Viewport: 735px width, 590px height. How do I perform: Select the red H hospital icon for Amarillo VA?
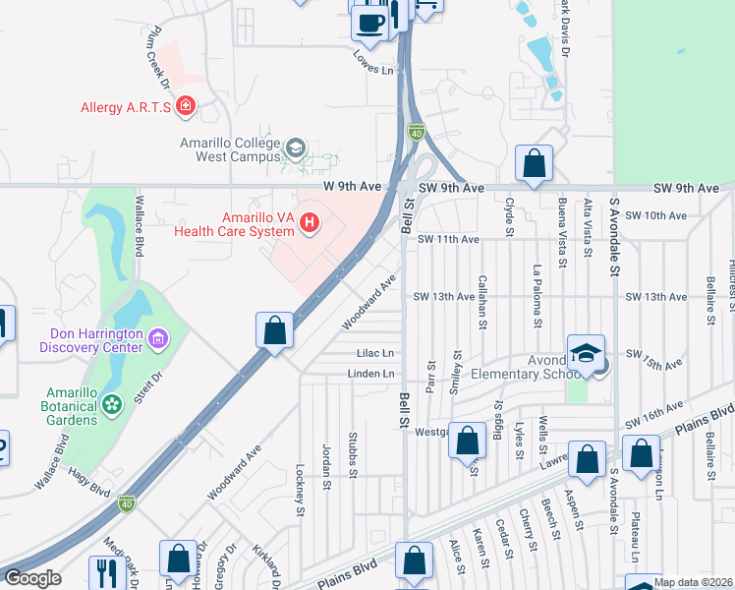click(310, 223)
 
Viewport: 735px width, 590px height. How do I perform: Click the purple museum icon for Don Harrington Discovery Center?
click(157, 339)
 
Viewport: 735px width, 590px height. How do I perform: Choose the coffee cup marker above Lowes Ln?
click(370, 24)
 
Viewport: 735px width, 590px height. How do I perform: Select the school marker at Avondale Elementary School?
click(586, 354)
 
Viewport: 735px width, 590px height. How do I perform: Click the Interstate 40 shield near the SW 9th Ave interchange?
click(416, 132)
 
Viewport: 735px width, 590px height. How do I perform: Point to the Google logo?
click(32, 578)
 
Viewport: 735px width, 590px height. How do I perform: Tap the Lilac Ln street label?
click(375, 353)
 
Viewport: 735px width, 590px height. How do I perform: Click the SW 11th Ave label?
click(447, 239)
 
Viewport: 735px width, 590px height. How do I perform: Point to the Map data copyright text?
click(693, 582)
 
